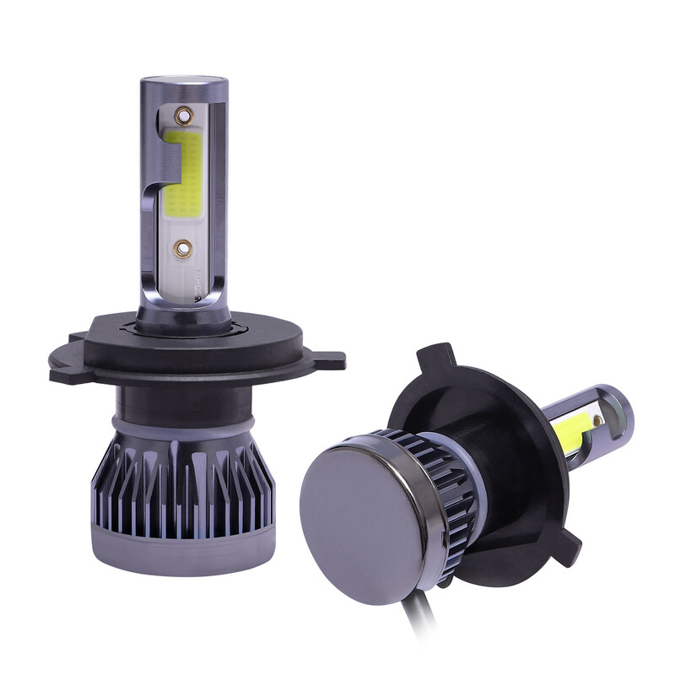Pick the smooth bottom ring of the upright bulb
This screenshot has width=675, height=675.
[x=181, y=544]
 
